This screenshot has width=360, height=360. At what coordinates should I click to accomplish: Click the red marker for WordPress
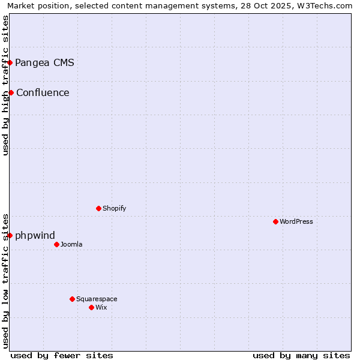coord(275,221)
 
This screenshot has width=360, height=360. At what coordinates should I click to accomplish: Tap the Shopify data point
coord(98,208)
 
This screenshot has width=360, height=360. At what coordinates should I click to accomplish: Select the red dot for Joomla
coord(56,244)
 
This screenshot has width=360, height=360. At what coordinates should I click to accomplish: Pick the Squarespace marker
coord(72,299)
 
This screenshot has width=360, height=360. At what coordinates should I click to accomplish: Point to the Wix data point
coord(91,307)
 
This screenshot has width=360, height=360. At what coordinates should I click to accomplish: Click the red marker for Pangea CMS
coord(10,62)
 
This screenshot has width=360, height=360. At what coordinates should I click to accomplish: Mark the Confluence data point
coord(11,92)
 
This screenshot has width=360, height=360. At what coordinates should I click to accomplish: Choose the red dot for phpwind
coord(10,235)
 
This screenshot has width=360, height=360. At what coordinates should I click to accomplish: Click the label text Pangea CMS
coord(44,62)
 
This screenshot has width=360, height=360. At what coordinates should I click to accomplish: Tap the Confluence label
coord(43,92)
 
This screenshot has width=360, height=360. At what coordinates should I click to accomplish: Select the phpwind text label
coord(35,235)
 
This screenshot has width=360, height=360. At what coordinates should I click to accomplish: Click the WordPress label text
coord(296,221)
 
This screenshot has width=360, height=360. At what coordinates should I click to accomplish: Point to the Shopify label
coord(114,208)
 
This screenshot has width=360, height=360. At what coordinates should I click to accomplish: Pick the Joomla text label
coord(71,244)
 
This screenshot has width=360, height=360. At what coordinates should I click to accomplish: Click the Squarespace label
coord(97,299)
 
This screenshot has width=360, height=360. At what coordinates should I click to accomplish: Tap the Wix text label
coord(101,307)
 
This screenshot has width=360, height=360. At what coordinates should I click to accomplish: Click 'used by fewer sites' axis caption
coord(62,355)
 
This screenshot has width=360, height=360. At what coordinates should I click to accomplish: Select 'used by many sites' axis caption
coord(301,355)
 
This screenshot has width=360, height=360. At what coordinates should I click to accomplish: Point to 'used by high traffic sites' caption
coord(5,85)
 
